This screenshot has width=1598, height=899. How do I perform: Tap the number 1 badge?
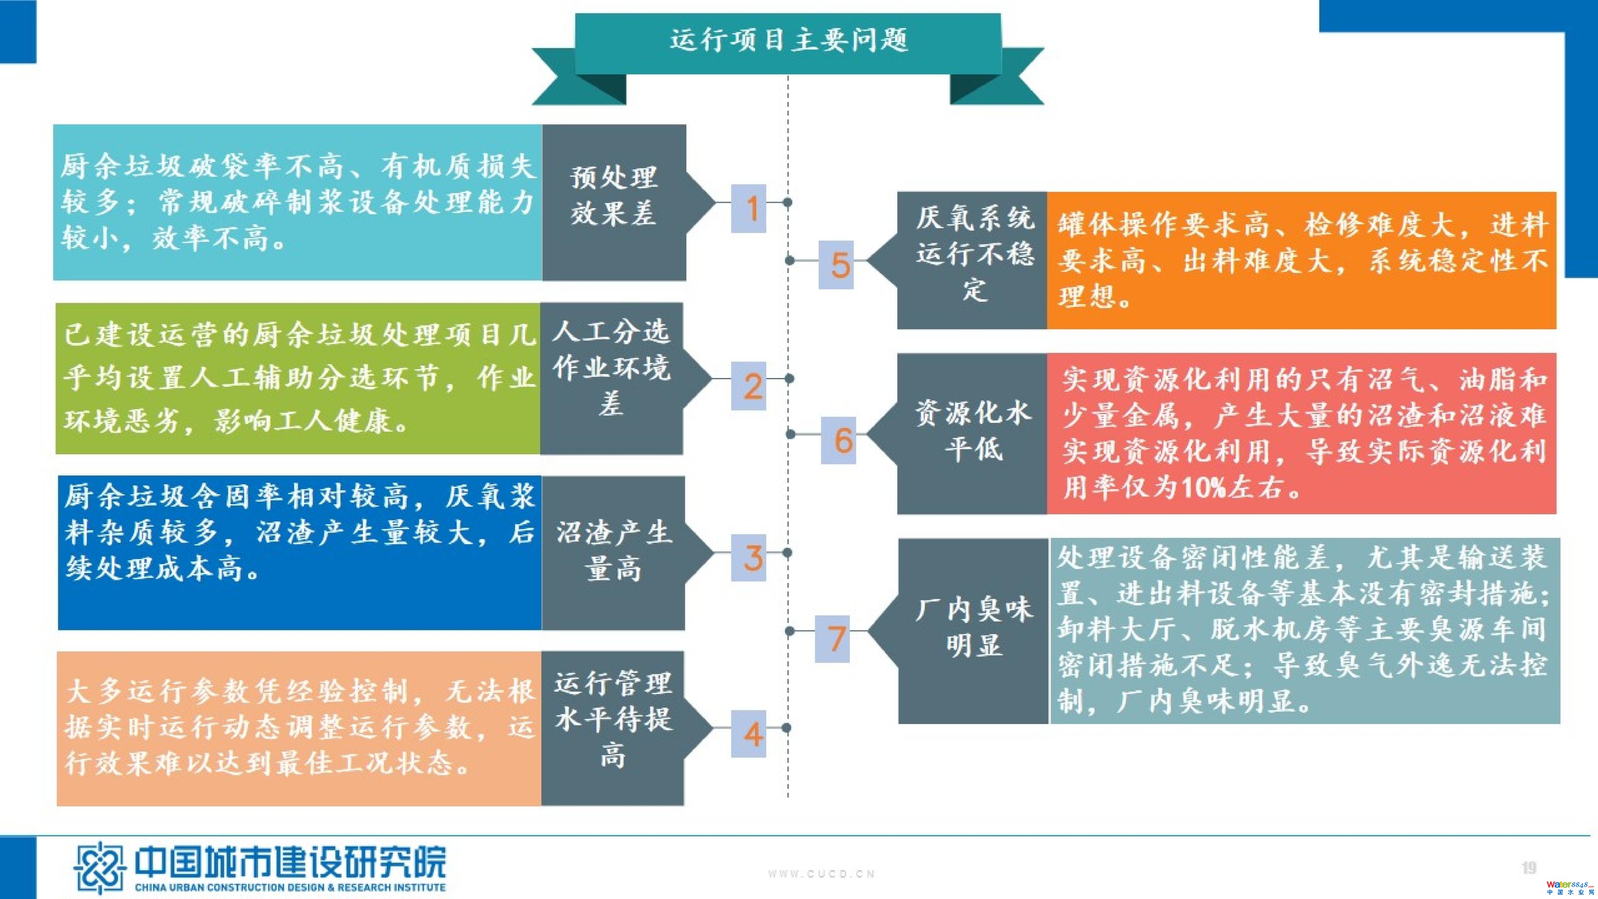[749, 209]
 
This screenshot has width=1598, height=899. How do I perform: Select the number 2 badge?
[749, 386]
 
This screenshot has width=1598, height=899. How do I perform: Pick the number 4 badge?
[749, 734]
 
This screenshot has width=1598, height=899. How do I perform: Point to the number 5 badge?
[836, 265]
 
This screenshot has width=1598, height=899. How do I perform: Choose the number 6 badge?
[839, 440]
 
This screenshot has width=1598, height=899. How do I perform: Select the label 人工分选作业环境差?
[612, 367]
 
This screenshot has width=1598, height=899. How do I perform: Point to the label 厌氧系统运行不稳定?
[974, 254]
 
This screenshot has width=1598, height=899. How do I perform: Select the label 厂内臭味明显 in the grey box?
[974, 627]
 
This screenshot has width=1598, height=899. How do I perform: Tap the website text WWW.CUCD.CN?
[821, 873]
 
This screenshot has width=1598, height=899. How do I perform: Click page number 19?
[1529, 867]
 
